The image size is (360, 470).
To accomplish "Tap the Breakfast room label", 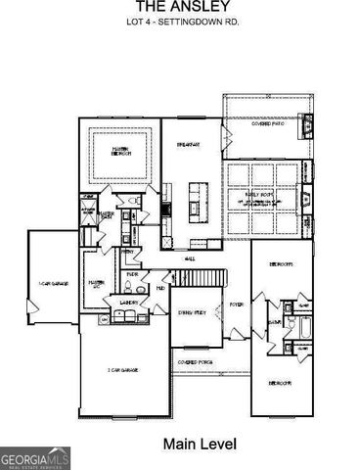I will pyautogui.click(x=189, y=145).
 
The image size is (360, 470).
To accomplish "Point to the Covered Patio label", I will pyautogui.click(x=267, y=124).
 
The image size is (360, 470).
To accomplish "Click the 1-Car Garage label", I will pyautogui.click(x=52, y=284).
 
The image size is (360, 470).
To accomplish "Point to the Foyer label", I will pyautogui.click(x=236, y=305).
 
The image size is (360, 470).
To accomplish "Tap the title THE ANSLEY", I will pyautogui.click(x=179, y=6).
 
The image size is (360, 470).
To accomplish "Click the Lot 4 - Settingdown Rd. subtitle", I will pyautogui.click(x=179, y=22).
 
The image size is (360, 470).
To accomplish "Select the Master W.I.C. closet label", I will pyautogui.click(x=97, y=284).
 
